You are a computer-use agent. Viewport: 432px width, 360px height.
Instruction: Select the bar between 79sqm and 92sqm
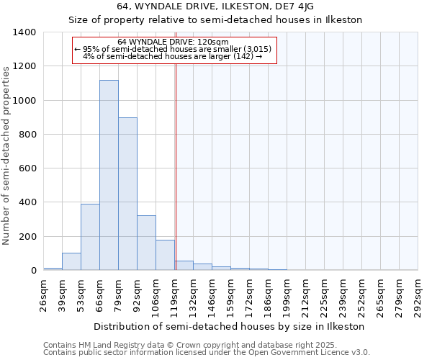click(x=127, y=194)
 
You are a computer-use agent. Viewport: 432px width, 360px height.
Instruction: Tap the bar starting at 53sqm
click(x=90, y=237)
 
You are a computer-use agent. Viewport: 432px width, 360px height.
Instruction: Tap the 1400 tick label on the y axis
click(x=24, y=32)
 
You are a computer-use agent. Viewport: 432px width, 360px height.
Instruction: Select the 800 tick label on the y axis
click(x=27, y=135)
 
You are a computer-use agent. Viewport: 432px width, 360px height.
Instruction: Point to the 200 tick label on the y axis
click(x=27, y=237)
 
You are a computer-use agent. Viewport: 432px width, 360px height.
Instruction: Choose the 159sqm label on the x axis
click(x=231, y=293)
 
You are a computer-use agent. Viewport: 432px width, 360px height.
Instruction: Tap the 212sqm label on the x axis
click(x=306, y=293)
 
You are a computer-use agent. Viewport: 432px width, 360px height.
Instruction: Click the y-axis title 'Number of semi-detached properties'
click(x=7, y=155)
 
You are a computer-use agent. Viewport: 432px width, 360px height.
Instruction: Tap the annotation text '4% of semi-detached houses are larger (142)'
click(x=173, y=56)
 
